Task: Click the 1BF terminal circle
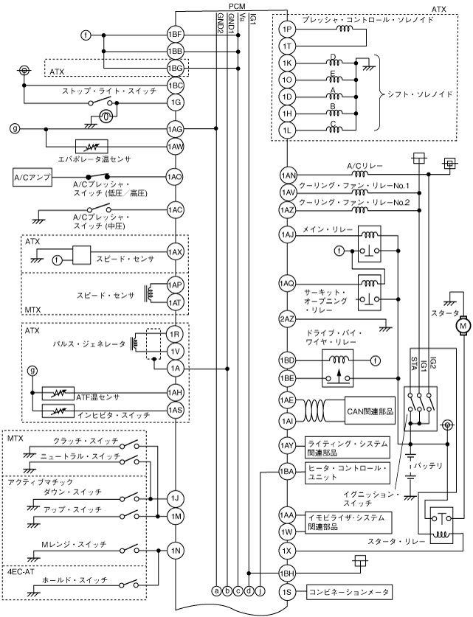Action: click(x=175, y=35)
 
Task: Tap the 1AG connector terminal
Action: click(x=175, y=128)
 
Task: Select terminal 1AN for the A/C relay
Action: click(x=289, y=175)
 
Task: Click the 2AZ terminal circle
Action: click(x=289, y=319)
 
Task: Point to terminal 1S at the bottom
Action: click(x=289, y=591)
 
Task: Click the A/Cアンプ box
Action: click(x=31, y=178)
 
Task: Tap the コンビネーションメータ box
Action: click(x=350, y=591)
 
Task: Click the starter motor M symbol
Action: click(x=463, y=324)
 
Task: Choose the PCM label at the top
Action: click(x=237, y=5)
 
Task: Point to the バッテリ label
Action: click(x=428, y=466)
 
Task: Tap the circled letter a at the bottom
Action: click(x=216, y=590)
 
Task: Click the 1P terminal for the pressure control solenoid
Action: click(x=289, y=29)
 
